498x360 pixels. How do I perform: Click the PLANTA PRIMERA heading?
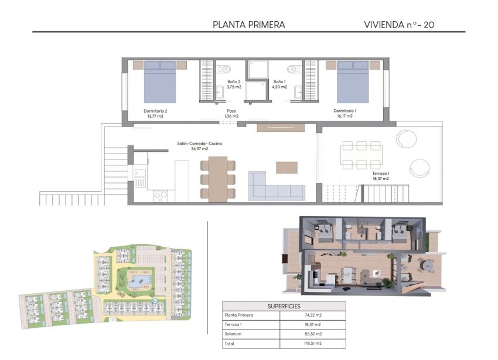[x=249, y=25]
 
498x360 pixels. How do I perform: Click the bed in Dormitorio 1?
[x=352, y=81]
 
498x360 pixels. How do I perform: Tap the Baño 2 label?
[x=234, y=84]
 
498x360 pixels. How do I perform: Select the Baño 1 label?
[x=279, y=84]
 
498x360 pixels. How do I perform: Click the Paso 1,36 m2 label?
[x=231, y=113]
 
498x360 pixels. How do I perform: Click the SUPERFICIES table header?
[x=284, y=306]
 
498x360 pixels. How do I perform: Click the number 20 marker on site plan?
[x=155, y=301]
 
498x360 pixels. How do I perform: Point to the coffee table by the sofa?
[x=286, y=167]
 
